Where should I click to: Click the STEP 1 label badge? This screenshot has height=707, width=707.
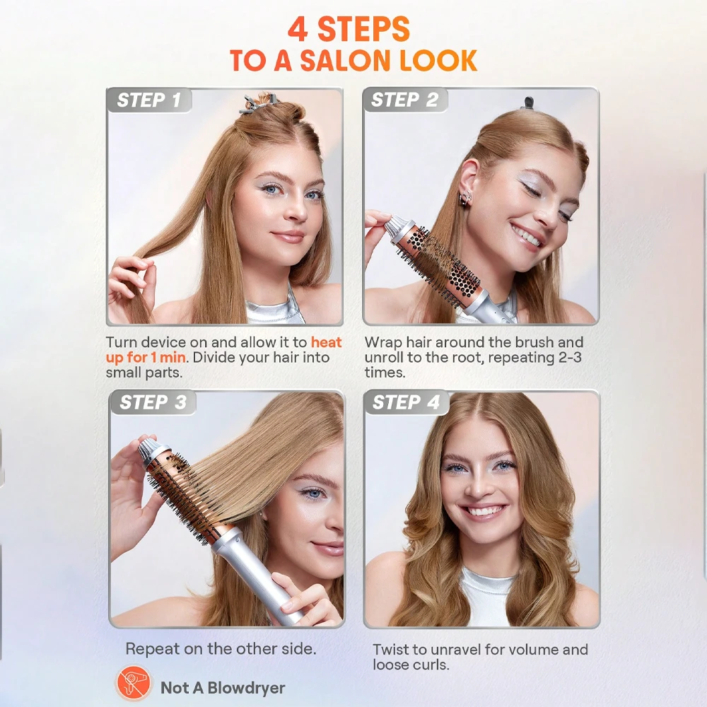[x=149, y=100]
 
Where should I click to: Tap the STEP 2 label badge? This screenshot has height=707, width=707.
[x=404, y=100]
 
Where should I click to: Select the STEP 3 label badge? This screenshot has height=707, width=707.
[x=153, y=402]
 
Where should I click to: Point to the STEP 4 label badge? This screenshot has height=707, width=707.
[x=407, y=402]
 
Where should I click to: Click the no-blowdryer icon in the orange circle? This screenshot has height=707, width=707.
[x=134, y=683]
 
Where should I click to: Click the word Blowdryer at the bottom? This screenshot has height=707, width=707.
[x=246, y=688]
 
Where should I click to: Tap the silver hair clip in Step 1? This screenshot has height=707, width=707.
[x=256, y=105]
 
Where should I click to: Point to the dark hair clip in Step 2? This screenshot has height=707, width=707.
[x=527, y=103]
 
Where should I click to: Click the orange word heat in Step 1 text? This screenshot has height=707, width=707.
[x=327, y=342]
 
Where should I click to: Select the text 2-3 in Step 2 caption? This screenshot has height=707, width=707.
[x=570, y=357]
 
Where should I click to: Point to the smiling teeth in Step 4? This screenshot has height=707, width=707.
[x=483, y=511]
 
